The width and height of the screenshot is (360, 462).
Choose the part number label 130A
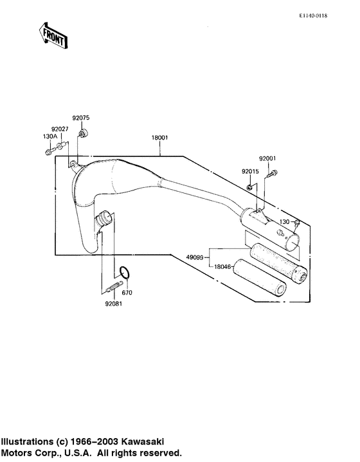point(50,136)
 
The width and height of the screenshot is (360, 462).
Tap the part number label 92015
point(251,172)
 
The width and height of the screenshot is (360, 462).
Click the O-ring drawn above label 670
point(127,275)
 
